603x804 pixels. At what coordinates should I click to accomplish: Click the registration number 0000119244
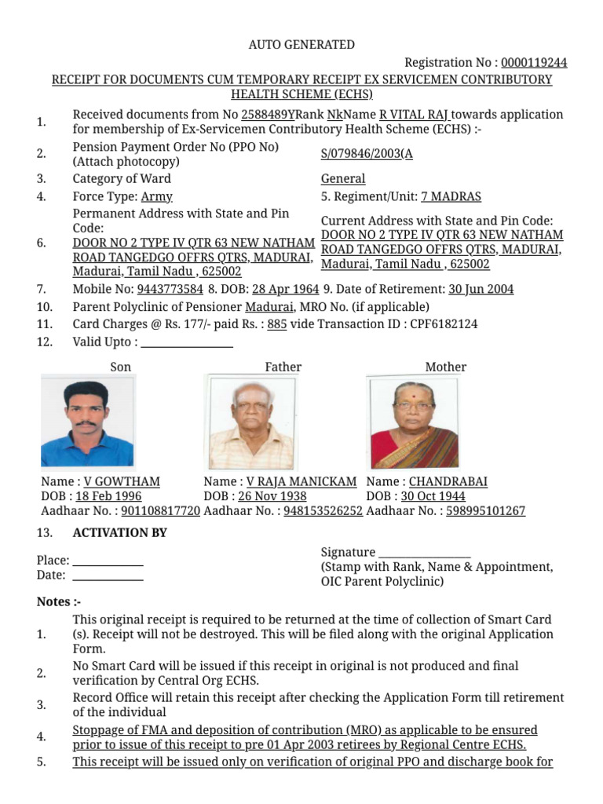[x=534, y=62]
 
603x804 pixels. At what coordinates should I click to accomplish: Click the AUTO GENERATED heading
[x=301, y=45]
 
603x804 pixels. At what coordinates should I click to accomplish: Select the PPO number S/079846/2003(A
[x=367, y=154]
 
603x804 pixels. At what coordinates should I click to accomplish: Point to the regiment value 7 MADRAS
[x=451, y=196]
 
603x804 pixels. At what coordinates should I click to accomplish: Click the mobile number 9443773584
[x=165, y=289]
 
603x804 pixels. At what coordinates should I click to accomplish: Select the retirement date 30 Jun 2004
[x=481, y=289]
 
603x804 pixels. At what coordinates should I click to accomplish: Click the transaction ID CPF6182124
[x=444, y=323]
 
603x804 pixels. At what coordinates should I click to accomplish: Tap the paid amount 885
[x=276, y=323]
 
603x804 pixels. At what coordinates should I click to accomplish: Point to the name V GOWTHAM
[x=122, y=481]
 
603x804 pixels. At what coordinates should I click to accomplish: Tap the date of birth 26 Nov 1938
[x=272, y=496]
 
